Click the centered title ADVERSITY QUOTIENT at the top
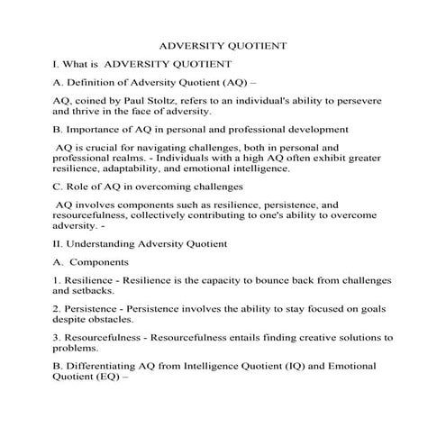(x=223, y=44)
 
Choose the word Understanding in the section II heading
(x=105, y=243)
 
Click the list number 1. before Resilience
(x=57, y=280)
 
